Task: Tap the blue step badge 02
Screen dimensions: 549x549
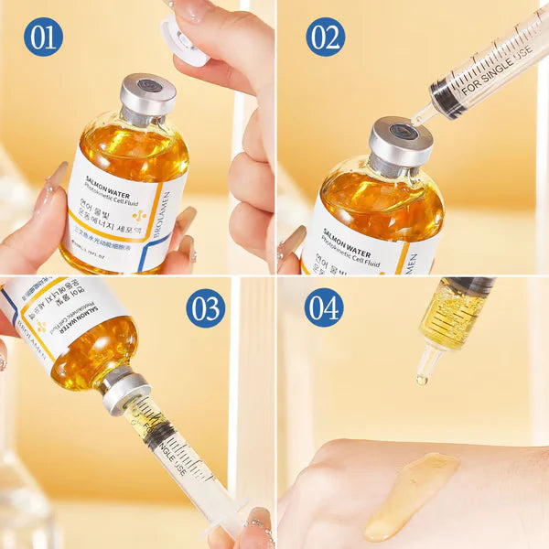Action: (x=325, y=37)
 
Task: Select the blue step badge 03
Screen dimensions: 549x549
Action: (x=206, y=308)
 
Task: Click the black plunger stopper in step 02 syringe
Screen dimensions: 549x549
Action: (x=447, y=99)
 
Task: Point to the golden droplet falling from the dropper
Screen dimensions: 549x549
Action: (x=422, y=379)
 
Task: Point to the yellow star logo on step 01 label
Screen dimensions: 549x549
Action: (x=139, y=215)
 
